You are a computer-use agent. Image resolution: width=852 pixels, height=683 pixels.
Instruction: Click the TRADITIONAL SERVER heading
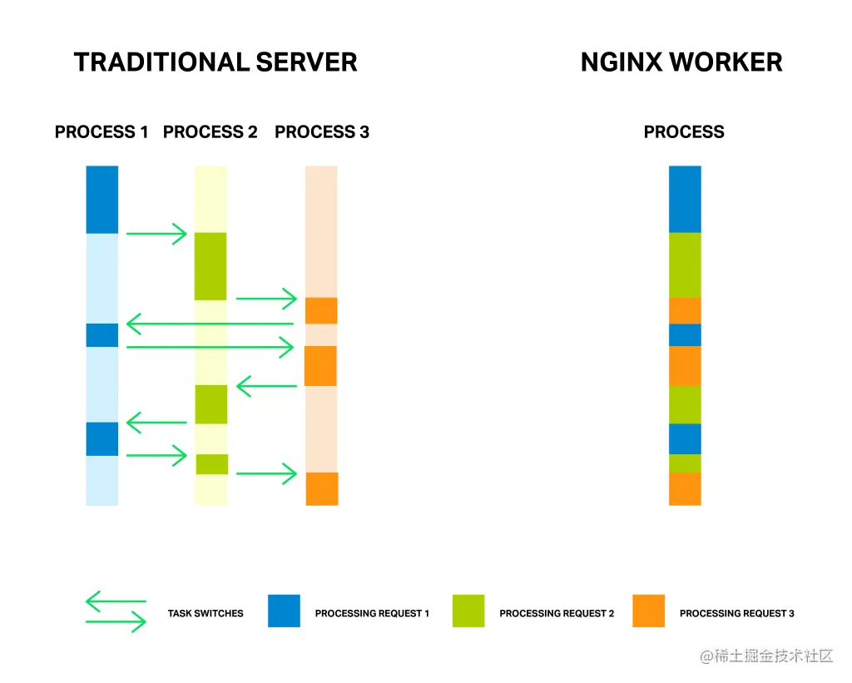click(215, 62)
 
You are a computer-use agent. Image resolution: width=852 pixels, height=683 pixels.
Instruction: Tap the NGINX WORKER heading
click(681, 62)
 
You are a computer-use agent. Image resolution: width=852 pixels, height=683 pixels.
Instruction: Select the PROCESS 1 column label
click(102, 132)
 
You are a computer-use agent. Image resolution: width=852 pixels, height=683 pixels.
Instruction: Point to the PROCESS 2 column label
click(211, 132)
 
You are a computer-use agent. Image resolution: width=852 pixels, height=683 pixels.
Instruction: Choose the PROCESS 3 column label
click(322, 132)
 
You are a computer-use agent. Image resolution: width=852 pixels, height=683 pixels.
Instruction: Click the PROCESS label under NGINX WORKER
click(684, 132)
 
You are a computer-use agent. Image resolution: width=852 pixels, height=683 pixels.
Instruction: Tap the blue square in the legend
click(284, 611)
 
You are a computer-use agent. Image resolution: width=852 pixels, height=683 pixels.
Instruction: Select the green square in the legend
click(468, 611)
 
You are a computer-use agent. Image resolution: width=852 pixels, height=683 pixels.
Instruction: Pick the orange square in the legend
click(648, 611)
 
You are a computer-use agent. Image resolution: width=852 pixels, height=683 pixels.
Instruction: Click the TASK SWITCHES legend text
click(206, 614)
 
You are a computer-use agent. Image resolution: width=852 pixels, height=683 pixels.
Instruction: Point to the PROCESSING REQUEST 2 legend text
click(557, 614)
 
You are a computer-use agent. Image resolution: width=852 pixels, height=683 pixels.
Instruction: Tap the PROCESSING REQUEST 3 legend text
click(736, 614)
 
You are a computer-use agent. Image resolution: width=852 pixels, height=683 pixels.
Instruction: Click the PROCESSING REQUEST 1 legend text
click(372, 614)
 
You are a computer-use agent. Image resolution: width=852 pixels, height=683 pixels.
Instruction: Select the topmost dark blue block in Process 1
click(102, 200)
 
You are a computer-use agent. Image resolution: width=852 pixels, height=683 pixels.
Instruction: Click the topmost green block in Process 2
click(211, 266)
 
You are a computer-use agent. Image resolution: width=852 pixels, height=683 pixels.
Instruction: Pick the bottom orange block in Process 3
click(322, 488)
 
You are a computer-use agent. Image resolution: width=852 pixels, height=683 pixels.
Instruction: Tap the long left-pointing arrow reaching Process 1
click(210, 324)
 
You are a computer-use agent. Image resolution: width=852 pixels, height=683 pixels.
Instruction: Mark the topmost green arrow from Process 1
click(157, 235)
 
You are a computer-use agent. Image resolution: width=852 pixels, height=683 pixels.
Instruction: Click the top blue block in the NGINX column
click(685, 199)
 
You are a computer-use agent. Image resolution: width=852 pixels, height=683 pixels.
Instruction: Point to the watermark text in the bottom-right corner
click(766, 656)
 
